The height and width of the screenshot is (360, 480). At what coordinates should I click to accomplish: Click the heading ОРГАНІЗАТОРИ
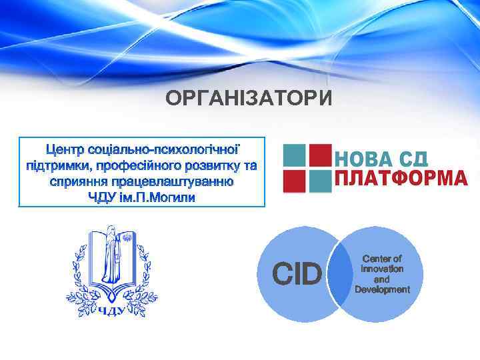[x=249, y=99]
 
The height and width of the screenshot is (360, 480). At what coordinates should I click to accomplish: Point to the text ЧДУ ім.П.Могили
[x=142, y=198]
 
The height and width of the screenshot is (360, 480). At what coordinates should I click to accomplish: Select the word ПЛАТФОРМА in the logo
[x=400, y=179]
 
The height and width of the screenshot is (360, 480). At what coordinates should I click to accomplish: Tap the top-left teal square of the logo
[x=294, y=155]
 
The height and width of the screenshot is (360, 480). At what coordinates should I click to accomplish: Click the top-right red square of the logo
[x=321, y=155]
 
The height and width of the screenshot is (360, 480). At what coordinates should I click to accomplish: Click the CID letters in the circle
[x=297, y=274]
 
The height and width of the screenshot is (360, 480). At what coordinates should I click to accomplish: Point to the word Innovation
[x=382, y=269]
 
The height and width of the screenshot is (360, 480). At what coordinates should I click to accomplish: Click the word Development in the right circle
[x=382, y=289]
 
